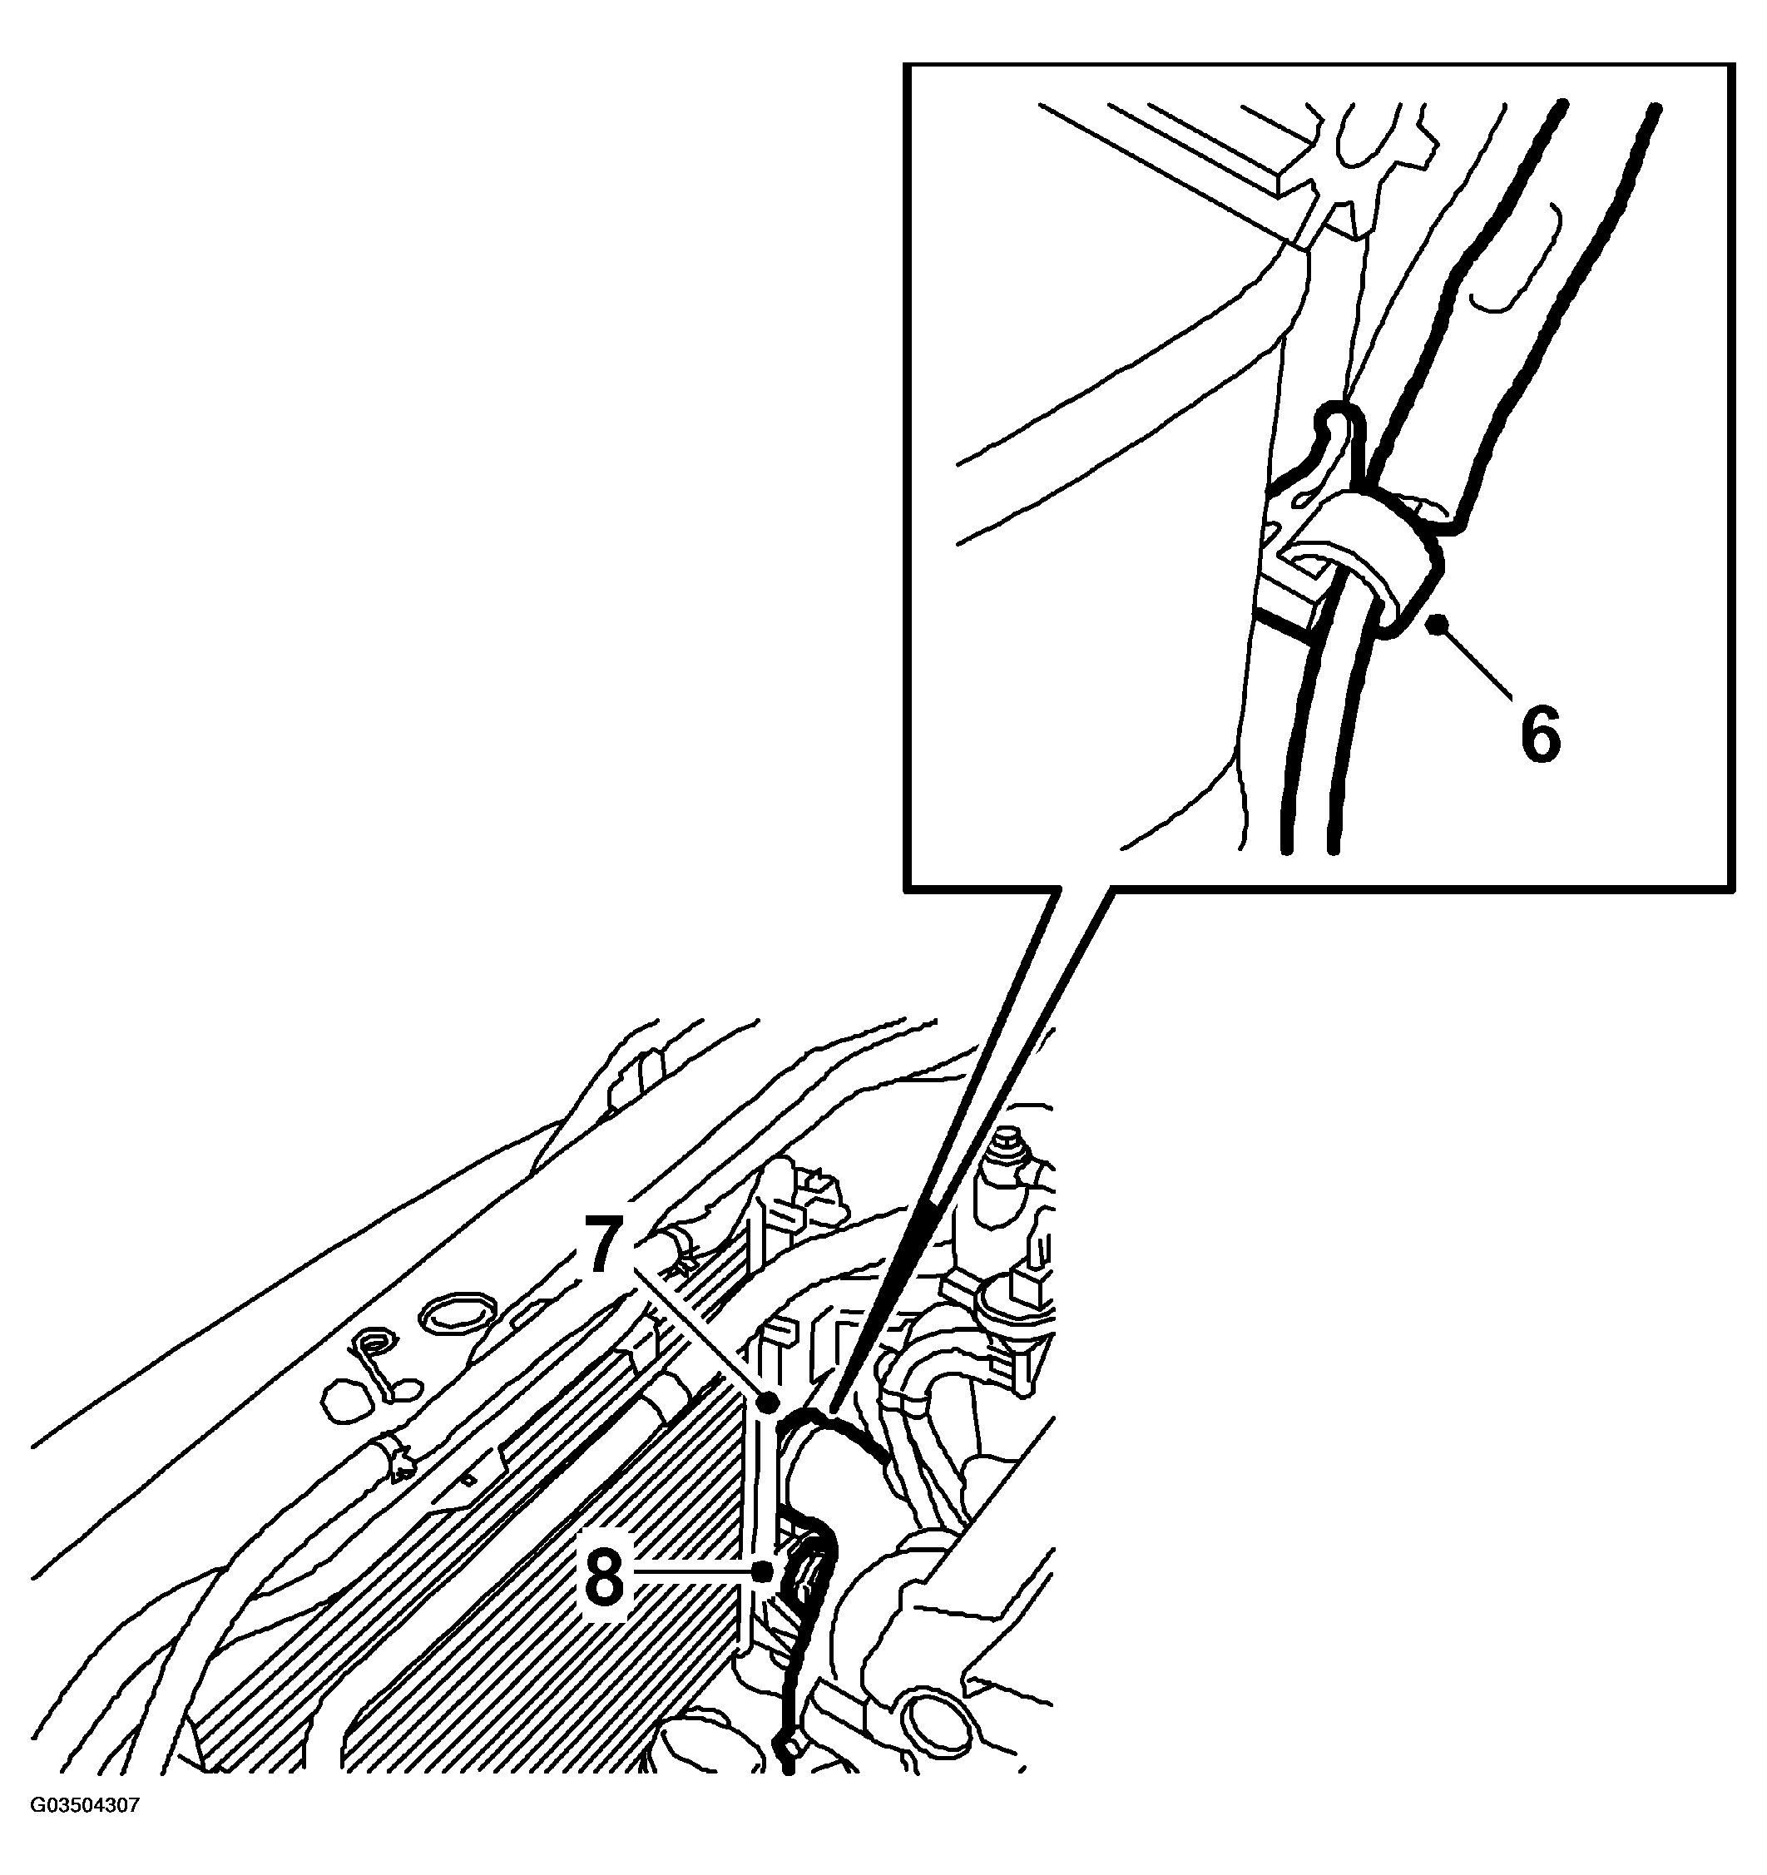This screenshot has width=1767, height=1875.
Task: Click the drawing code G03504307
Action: pos(85,1833)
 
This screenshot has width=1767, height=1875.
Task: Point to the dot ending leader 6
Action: pos(1438,621)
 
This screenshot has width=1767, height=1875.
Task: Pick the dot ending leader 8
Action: pos(761,1571)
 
